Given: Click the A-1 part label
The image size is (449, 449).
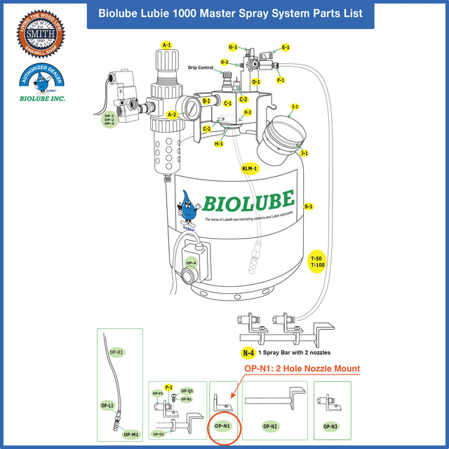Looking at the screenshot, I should (167, 45).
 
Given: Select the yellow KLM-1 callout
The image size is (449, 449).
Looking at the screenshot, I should (250, 169).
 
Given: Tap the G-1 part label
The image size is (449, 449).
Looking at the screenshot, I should (233, 47).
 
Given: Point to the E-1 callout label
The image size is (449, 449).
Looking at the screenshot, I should (286, 48).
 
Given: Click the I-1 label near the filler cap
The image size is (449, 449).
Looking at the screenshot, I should (295, 107).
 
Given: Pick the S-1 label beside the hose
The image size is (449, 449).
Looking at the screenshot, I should (309, 207).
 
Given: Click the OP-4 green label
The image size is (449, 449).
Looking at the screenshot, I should (191, 263).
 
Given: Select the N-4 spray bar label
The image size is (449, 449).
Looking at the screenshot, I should (248, 353).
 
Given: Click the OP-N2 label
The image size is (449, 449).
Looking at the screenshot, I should (270, 426).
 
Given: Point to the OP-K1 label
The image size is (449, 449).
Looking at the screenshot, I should (116, 351).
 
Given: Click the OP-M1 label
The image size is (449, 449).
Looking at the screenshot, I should (130, 434).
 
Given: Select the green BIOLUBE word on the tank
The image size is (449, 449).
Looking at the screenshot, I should (248, 201).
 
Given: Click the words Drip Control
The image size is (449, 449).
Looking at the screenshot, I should (201, 68).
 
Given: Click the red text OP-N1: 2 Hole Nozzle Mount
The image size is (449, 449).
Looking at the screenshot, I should (302, 368).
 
